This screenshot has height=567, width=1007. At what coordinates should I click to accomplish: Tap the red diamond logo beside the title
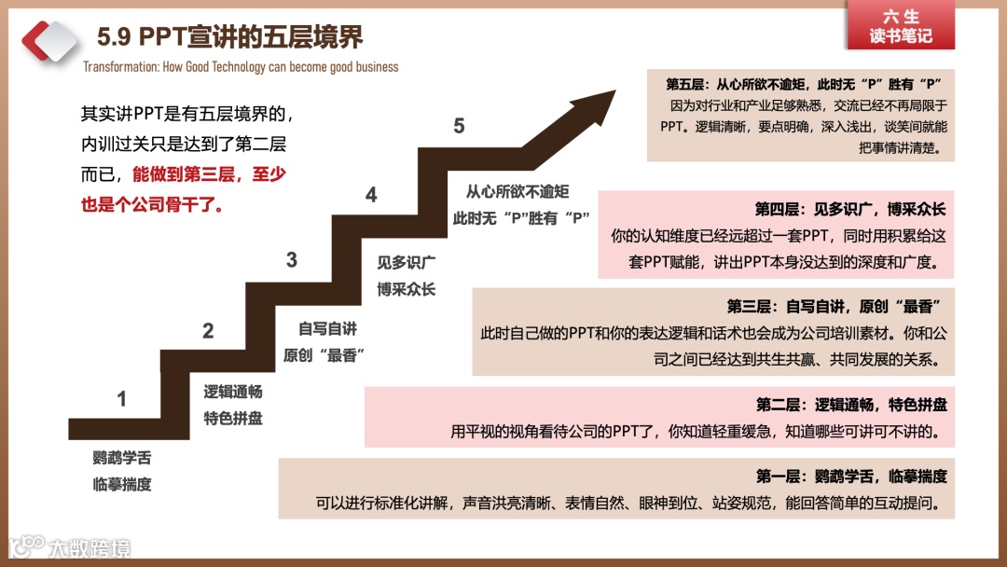[x=49, y=40]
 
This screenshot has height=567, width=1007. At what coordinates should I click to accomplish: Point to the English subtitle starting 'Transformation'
[x=241, y=67]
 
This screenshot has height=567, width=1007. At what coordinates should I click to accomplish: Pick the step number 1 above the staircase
[x=121, y=400]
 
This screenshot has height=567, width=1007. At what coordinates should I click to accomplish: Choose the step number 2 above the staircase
[x=208, y=331]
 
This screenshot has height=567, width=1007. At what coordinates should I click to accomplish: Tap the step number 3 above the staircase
[x=292, y=260]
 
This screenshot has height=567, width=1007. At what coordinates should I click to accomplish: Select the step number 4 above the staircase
[x=371, y=195]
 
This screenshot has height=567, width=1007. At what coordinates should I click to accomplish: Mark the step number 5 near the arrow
[x=459, y=127]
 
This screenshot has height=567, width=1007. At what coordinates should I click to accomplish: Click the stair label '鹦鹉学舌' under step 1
[x=121, y=459]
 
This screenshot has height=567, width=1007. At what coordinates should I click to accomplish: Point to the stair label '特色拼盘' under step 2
[x=233, y=418]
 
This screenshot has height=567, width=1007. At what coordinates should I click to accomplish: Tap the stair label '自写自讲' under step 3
[x=327, y=329]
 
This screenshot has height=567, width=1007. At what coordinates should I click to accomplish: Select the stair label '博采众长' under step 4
[x=406, y=289]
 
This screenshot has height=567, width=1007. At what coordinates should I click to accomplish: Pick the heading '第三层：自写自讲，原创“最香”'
[x=832, y=306]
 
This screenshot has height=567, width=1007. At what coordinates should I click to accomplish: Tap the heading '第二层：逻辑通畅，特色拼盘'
[x=850, y=405]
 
